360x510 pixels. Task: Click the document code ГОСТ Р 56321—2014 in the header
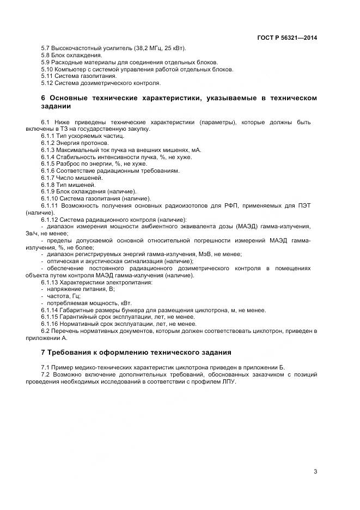(287, 38)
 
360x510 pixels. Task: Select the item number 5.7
(46, 48)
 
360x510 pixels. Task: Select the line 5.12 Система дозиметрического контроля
(101, 83)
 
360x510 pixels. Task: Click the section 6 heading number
(43, 98)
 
